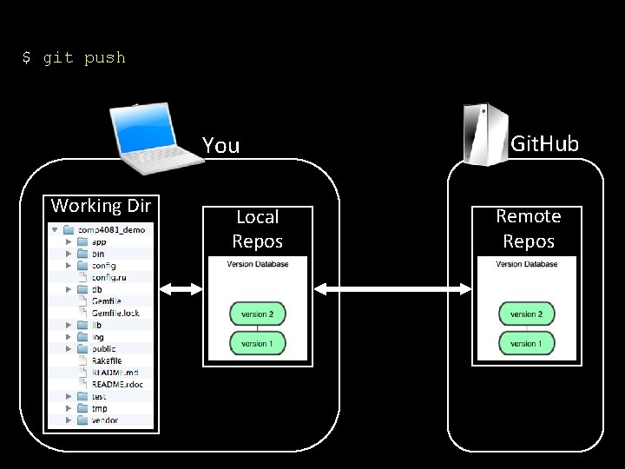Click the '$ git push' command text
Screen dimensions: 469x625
pos(74,58)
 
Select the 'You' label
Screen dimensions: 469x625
pos(220,145)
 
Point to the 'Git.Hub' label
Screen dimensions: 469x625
pos(544,143)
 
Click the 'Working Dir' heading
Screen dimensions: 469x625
pos(101,206)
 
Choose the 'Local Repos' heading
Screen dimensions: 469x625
pos(257,228)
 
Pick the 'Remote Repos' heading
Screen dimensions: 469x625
pos(528,228)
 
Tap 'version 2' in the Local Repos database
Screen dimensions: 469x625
pos(257,314)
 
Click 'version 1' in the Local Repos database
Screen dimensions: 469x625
pos(257,343)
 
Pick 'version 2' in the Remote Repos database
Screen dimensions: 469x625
pos(526,314)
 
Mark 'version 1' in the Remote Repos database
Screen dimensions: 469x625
pos(526,343)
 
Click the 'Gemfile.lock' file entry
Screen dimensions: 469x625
pos(115,313)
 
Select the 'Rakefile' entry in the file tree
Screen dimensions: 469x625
pos(106,360)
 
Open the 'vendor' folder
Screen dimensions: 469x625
pos(104,420)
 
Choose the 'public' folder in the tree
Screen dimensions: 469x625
pos(103,348)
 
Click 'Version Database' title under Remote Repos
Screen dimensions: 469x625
pos(526,264)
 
